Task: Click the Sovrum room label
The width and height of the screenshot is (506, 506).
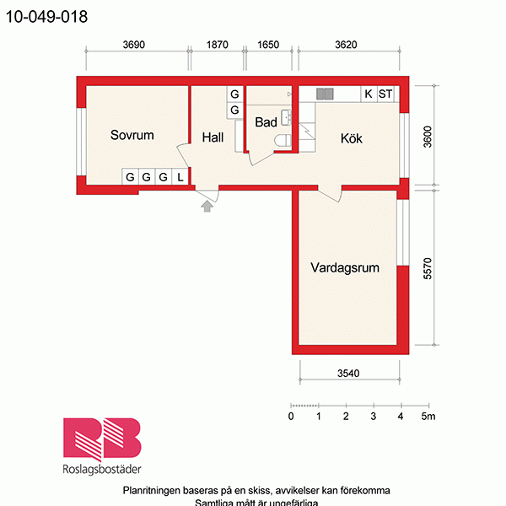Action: [132, 135]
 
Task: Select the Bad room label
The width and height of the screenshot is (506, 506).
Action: [266, 122]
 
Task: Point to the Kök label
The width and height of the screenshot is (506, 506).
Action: [351, 138]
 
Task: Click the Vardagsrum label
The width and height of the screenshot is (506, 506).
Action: [344, 268]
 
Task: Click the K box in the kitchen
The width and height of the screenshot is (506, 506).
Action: [369, 94]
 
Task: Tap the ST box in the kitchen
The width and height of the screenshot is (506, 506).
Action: [385, 94]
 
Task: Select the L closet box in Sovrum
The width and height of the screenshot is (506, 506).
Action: [180, 177]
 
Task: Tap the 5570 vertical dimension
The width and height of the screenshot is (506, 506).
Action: [428, 268]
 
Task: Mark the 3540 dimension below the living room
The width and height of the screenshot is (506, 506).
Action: [347, 374]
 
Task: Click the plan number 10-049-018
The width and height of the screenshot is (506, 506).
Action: [46, 16]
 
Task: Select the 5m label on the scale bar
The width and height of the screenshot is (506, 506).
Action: [428, 417]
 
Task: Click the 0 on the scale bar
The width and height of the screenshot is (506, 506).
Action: [291, 417]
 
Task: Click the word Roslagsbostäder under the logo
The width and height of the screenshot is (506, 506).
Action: [101, 470]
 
